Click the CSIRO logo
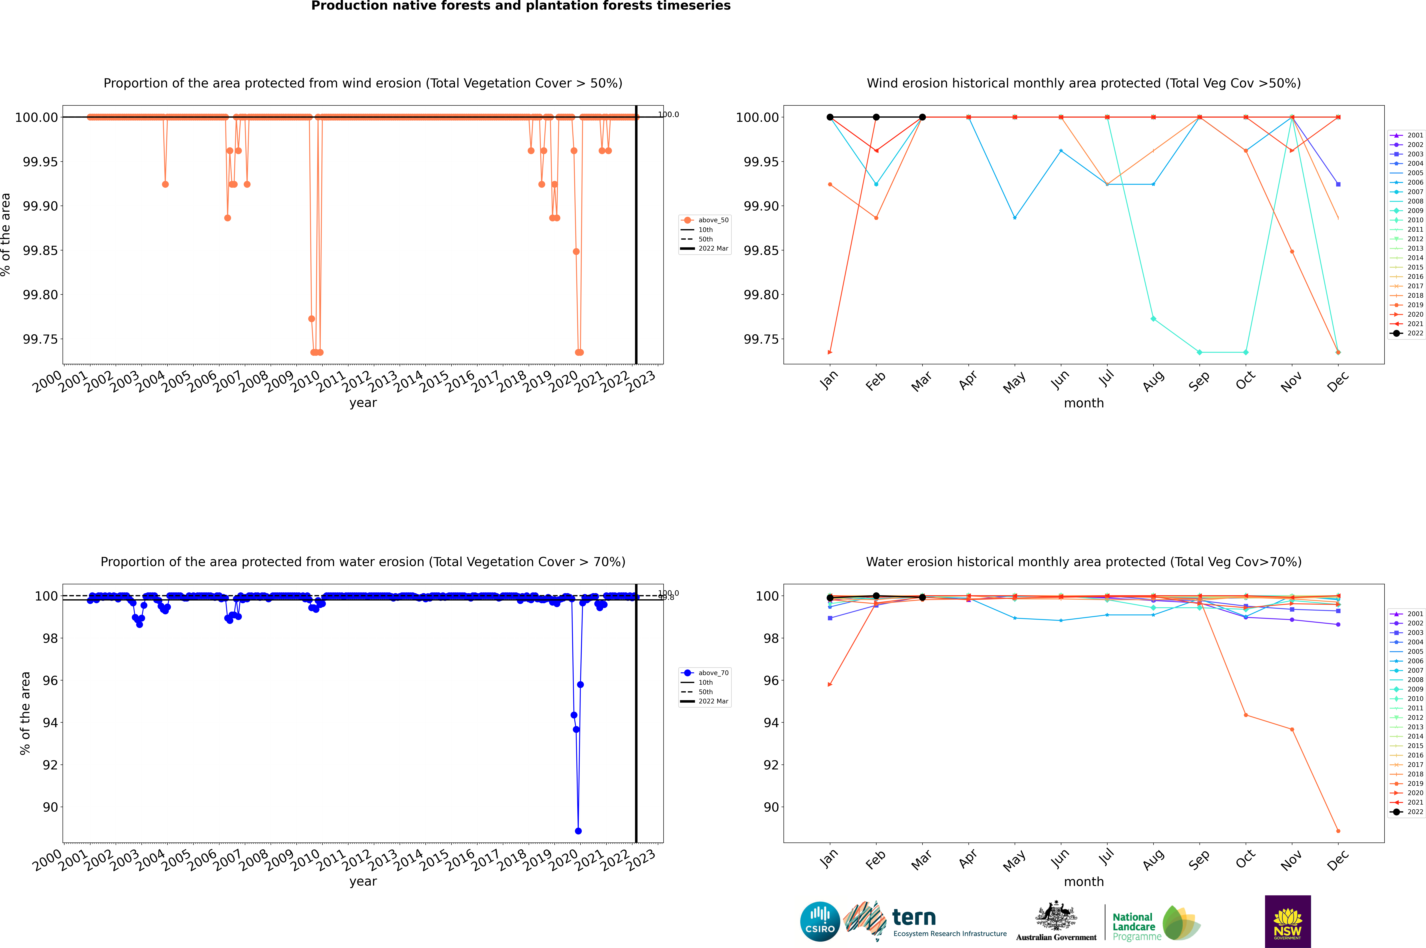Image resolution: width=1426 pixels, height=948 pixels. [820, 921]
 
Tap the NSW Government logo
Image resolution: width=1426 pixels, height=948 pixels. [1288, 921]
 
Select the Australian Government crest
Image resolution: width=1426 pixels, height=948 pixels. [1056, 917]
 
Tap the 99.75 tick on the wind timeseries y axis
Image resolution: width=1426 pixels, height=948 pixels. [40, 339]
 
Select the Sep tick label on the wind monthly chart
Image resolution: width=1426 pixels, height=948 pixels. [1199, 381]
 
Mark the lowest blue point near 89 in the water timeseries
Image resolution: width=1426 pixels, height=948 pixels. [578, 831]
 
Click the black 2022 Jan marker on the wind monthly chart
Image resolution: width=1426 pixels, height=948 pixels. [830, 117]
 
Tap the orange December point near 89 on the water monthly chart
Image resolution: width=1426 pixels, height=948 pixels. [1338, 831]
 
